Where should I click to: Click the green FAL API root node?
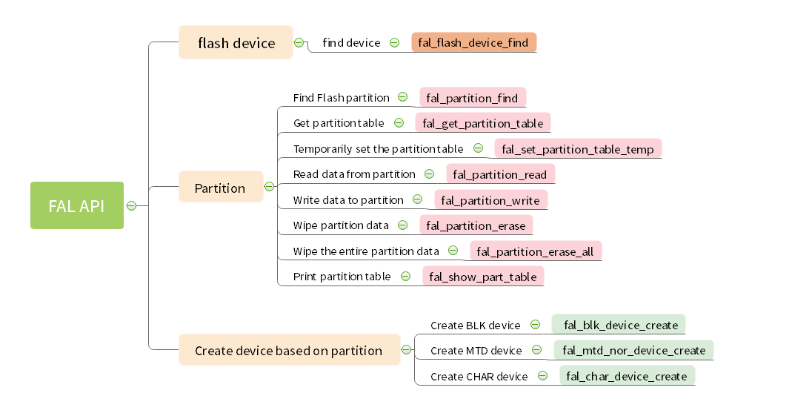click(77, 205)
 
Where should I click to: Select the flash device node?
click(236, 43)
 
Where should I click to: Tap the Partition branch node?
click(220, 188)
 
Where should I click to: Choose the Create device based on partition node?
click(289, 350)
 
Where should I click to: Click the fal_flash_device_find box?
click(473, 42)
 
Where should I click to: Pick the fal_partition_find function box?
click(473, 98)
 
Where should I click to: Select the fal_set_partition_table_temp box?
click(578, 149)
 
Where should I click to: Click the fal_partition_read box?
click(500, 174)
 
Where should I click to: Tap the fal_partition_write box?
click(491, 200)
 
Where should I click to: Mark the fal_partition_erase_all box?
click(535, 251)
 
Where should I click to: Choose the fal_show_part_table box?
click(483, 277)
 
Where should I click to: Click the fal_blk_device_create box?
click(620, 325)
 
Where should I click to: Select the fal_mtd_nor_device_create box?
click(633, 350)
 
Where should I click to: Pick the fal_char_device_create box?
click(627, 376)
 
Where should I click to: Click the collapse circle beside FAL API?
click(132, 206)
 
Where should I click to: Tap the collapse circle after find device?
click(394, 43)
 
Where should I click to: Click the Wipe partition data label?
click(340, 225)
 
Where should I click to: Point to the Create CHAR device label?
click(479, 377)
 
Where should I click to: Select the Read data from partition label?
click(354, 174)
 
